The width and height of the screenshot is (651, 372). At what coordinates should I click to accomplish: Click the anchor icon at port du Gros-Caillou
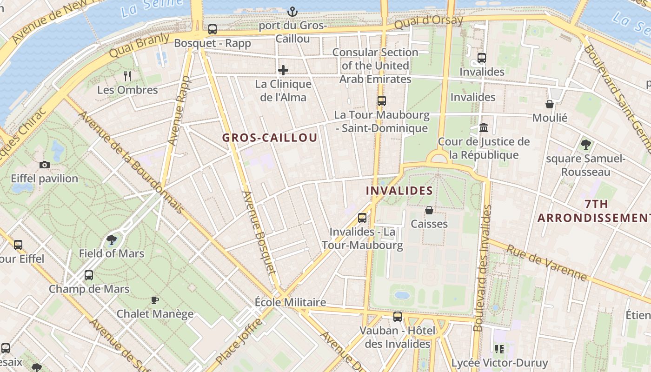292,11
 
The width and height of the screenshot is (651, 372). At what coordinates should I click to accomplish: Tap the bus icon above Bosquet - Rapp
213,29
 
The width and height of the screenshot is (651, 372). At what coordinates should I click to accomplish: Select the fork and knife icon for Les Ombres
127,76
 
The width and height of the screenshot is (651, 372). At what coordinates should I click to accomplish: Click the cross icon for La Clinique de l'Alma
283,70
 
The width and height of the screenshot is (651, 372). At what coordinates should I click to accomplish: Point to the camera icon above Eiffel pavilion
45,165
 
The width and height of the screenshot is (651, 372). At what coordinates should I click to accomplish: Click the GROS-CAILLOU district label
270,138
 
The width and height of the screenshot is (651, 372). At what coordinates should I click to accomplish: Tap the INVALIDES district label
399,191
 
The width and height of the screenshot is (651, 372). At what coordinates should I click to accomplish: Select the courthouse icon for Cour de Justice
484,127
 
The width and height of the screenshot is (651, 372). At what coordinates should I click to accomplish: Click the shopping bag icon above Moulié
550,104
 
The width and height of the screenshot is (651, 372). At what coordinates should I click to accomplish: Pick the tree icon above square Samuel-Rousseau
585,145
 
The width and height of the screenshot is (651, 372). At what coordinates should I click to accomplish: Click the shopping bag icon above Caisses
429,210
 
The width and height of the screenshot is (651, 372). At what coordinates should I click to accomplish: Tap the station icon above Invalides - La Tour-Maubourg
362,218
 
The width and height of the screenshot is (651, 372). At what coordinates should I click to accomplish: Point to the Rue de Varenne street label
547,263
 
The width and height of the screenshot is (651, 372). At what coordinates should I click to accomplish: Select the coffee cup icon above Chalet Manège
155,300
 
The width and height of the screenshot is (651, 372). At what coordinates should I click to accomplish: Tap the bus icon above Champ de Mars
89,275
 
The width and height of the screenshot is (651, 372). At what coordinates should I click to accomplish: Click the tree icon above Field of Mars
111,240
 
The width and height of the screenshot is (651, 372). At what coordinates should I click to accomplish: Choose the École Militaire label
290,302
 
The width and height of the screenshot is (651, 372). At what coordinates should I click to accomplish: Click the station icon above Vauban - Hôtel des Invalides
398,317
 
